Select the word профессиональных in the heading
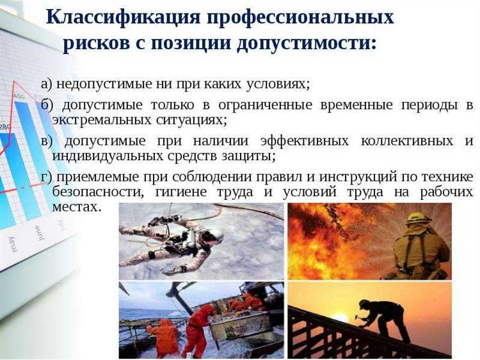tap(299, 17)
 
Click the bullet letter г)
tap(45, 177)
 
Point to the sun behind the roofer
tap(341, 318)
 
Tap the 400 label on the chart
tap(20, 96)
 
